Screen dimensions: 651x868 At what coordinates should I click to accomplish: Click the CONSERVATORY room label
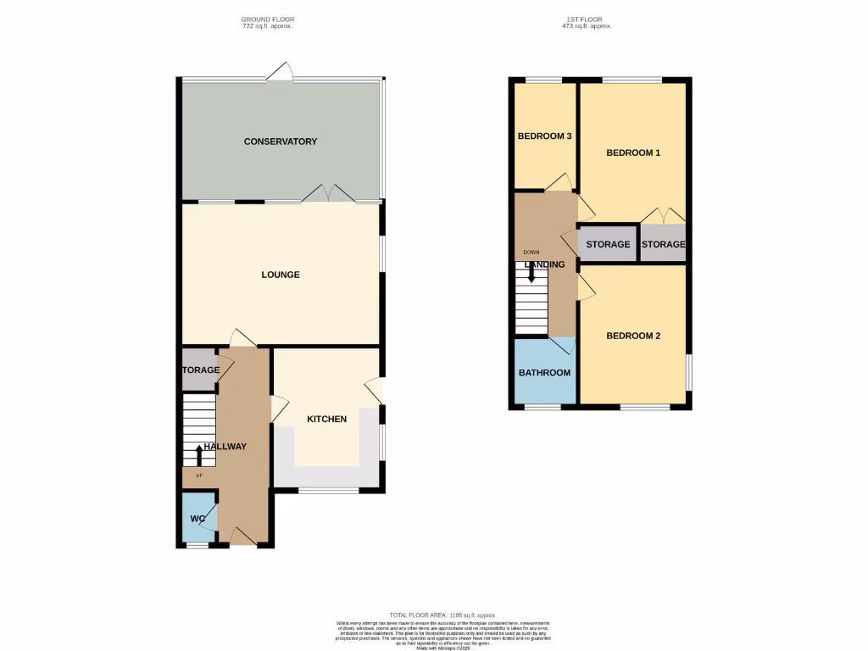(280, 142)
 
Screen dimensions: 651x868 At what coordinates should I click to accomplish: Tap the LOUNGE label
(280, 275)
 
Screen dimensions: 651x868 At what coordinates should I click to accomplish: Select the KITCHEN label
(326, 419)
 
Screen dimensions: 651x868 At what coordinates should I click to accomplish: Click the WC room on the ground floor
(198, 518)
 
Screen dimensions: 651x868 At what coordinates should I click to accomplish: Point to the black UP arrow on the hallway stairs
(199, 455)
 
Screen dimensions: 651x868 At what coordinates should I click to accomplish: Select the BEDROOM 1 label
(632, 153)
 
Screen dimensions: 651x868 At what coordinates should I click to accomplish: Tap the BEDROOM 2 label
(632, 336)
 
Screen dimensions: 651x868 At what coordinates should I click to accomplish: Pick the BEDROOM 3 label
(544, 136)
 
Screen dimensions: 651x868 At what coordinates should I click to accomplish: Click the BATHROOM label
(544, 372)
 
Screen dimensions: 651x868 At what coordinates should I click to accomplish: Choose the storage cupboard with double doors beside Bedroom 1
(663, 244)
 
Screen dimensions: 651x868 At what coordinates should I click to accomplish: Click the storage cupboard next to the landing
(607, 244)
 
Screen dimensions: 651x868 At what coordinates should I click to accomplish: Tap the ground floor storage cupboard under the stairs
(199, 370)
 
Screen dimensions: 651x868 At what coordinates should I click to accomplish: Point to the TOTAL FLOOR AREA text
(441, 615)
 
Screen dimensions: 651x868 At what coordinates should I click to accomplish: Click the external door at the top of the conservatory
(279, 75)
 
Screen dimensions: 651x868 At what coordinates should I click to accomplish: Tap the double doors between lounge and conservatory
(328, 195)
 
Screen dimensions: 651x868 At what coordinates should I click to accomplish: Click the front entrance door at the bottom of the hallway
(243, 536)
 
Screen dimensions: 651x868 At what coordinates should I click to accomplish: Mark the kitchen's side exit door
(374, 391)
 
